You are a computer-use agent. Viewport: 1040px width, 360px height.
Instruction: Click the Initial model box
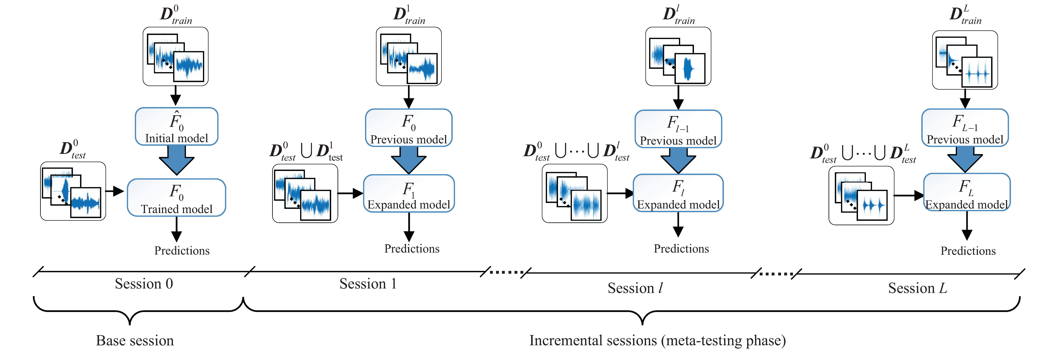[176, 126]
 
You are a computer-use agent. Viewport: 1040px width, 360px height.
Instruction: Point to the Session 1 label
[368, 284]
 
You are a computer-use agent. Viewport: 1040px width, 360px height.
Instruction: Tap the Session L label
[917, 288]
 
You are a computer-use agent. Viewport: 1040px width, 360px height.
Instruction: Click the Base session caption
[135, 341]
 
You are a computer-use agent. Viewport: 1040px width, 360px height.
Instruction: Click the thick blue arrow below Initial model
[176, 159]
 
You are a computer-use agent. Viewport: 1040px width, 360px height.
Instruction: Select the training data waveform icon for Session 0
[176, 56]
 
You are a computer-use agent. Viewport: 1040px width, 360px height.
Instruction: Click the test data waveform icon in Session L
[861, 195]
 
